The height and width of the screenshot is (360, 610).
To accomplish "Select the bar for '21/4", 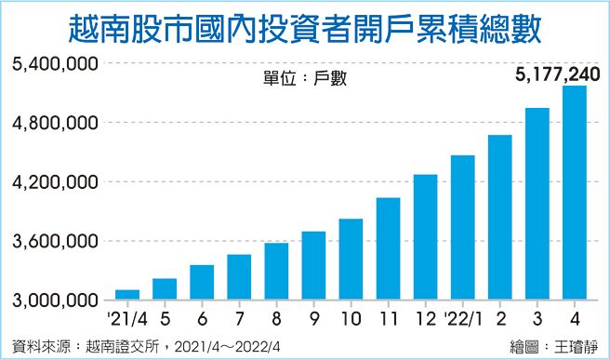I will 127,294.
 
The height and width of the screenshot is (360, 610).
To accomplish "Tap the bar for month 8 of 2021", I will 276,271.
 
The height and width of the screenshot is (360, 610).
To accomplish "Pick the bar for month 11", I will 388,248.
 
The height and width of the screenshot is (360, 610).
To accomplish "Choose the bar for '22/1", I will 462,227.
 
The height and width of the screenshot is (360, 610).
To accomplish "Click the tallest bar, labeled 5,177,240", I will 574,193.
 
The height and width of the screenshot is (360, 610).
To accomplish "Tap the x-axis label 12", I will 425,318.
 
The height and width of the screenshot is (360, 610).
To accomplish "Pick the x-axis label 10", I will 351,318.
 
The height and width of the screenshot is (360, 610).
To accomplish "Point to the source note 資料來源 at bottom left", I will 149,346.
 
